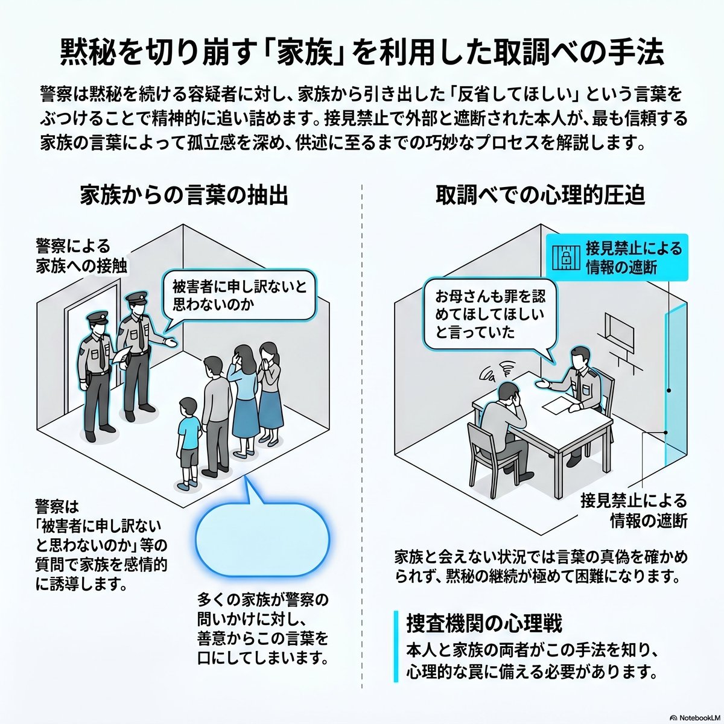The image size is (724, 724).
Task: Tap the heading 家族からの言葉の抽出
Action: tap(183, 195)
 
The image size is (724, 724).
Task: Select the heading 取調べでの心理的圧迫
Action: tap(541, 195)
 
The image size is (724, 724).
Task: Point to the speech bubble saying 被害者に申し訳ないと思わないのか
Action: tap(240, 294)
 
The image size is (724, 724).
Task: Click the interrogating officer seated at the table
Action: tap(577, 377)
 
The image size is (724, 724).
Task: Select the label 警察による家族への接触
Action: tap(81, 256)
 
